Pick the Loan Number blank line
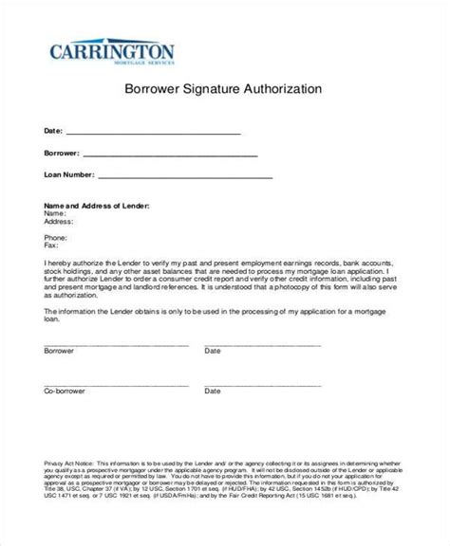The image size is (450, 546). (185, 176)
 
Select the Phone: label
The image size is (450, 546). (56, 238)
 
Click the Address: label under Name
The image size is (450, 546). (60, 221)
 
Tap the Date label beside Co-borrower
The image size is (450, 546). (212, 391)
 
